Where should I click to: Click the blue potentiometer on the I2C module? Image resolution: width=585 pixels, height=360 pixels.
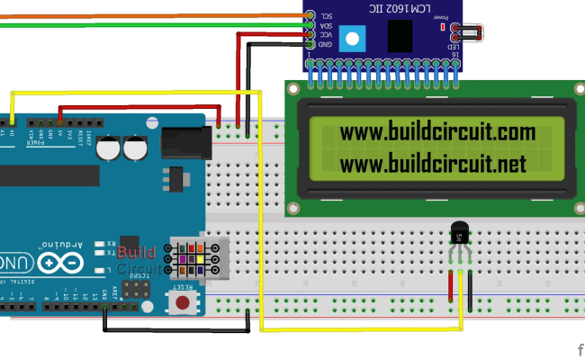tap(355, 39)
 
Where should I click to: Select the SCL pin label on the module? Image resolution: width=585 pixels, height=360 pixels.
tap(328, 15)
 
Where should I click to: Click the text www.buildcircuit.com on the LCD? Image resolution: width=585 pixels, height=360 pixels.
tap(437, 133)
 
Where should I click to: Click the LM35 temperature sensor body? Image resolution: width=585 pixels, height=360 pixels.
tap(460, 236)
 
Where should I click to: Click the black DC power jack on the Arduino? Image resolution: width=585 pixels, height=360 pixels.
tap(184, 143)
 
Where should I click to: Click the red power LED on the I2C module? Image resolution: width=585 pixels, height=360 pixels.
tap(443, 27)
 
